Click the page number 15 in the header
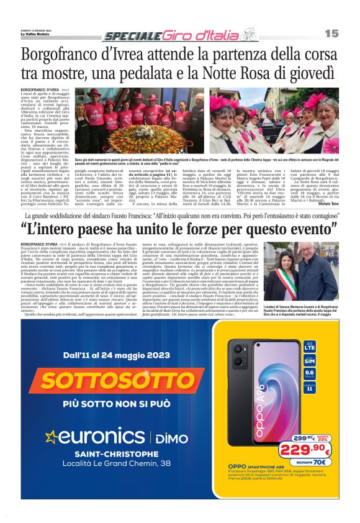pyautogui.click(x=332, y=33)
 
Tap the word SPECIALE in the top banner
pyautogui.click(x=128, y=37)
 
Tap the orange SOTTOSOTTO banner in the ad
pyautogui.click(x=100, y=380)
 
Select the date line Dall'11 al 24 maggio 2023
pyautogui.click(x=99, y=354)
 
